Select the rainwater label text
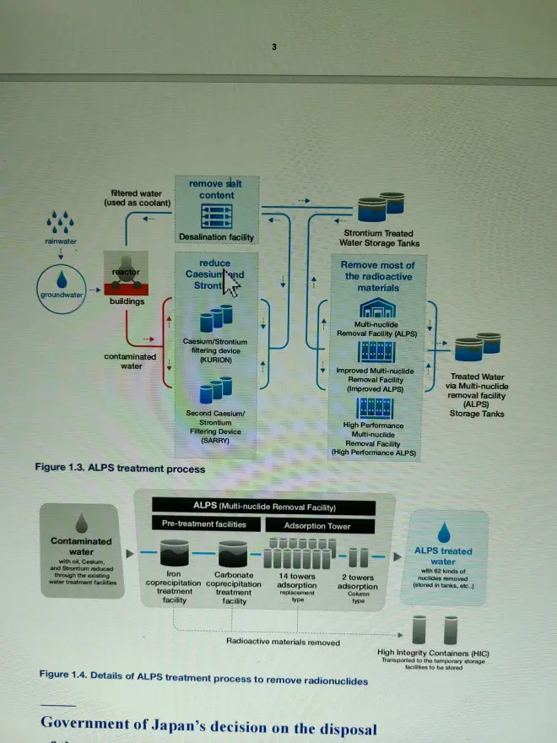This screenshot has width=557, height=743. pos(61,241)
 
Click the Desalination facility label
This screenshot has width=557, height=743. pos(216,237)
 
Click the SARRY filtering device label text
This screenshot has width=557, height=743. pos(215,426)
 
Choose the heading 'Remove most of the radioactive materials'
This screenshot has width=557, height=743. pos(377,276)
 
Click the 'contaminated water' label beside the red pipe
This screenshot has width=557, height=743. pos(130,361)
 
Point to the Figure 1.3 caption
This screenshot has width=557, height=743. pos(119,468)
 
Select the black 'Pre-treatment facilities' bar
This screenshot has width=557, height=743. pos(204,524)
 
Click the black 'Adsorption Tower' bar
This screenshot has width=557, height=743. pos(318,525)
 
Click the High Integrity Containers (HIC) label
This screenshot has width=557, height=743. pos(433,653)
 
